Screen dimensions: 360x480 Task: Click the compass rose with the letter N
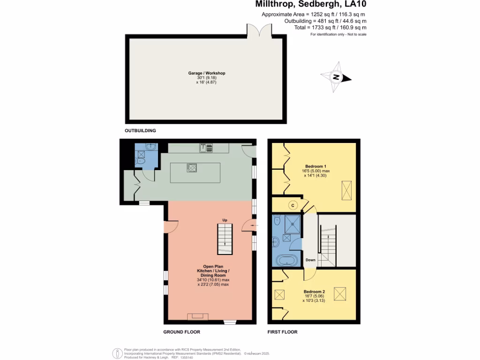click(336, 77)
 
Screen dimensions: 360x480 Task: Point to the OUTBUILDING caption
click(140, 130)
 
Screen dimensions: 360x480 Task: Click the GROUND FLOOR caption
click(181, 332)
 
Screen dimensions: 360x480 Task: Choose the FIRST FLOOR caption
click(282, 332)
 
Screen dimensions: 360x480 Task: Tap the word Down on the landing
click(310, 260)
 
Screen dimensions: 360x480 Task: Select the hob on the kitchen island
click(192, 167)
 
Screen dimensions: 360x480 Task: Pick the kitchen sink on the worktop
click(206, 148)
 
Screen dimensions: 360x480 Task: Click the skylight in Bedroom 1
click(346, 191)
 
